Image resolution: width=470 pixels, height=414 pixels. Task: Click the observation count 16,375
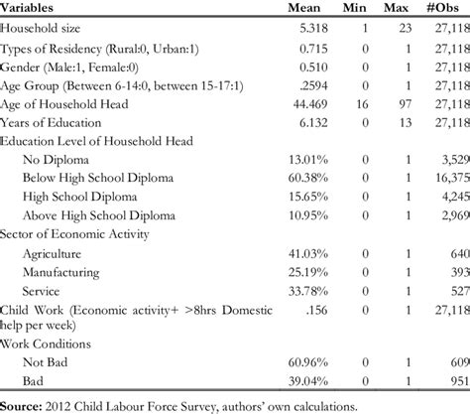tap(445, 179)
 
